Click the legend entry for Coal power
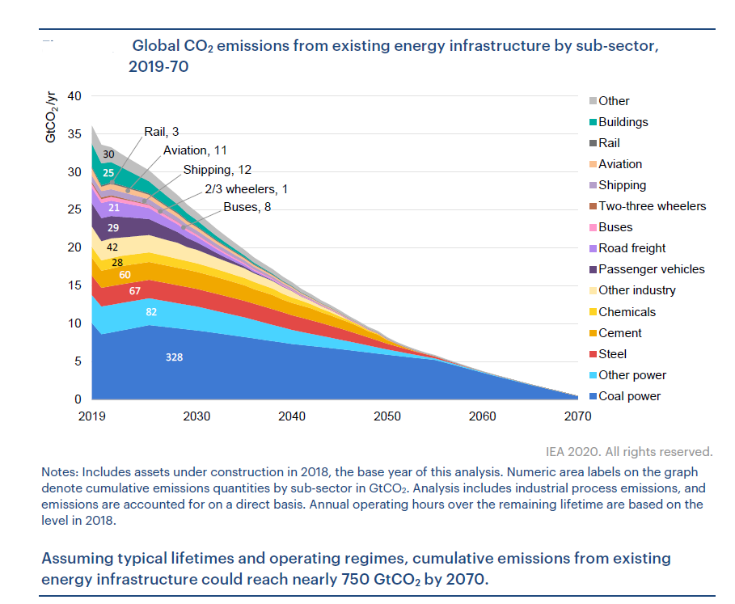coord(628,396)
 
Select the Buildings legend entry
coord(623,122)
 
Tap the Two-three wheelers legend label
coord(652,206)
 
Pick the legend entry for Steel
coord(613,354)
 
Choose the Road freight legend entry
coord(632,248)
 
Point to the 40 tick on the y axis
coord(75,96)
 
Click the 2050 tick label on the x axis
coord(387,416)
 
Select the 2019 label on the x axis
coord(92,416)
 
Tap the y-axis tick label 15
coord(75,285)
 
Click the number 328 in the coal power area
coord(174,356)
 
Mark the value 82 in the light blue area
coord(151,312)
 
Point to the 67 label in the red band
coord(135,290)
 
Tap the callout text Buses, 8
coord(248,207)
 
